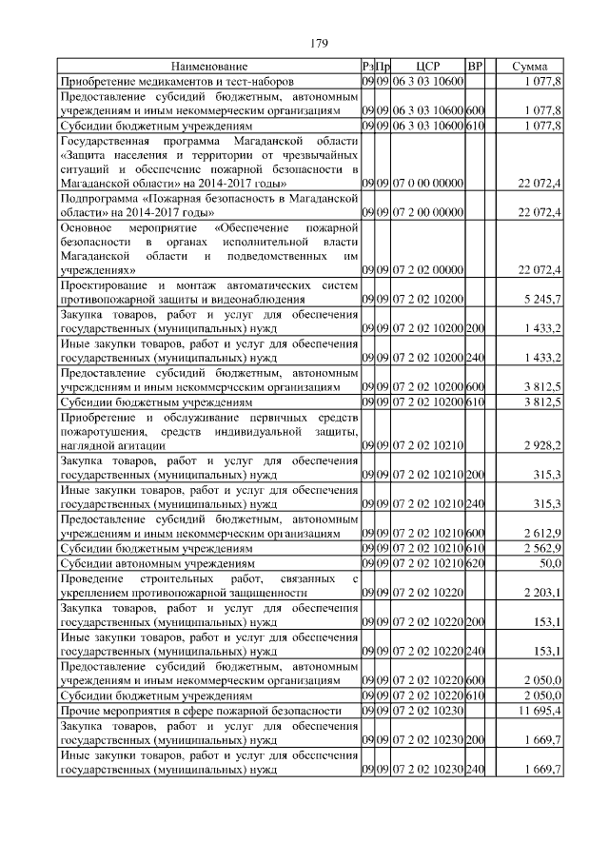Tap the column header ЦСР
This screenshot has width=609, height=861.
point(427,67)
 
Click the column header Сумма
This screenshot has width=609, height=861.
point(529,67)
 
